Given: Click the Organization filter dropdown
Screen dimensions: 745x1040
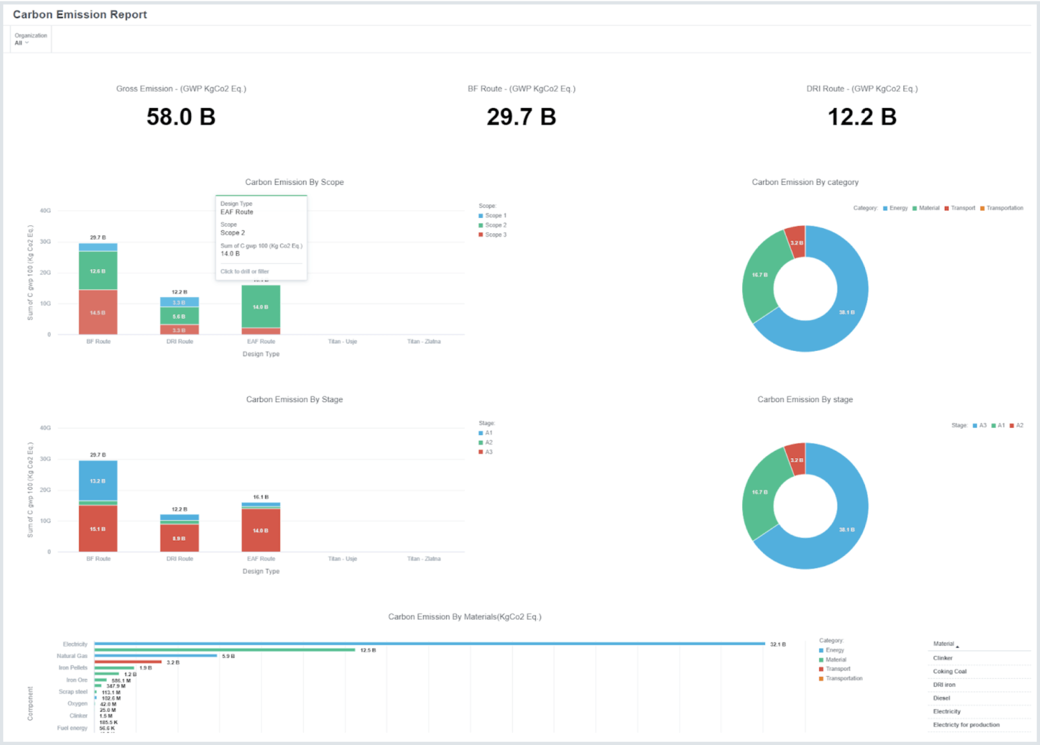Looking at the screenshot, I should click(22, 43).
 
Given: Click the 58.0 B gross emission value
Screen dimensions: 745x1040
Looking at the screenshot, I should click(181, 117).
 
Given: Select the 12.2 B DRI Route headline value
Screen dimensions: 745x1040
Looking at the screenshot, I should click(862, 117).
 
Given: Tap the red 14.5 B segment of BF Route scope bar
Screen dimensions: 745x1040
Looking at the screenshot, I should click(98, 312).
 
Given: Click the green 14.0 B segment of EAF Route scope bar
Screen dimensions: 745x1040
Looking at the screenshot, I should click(261, 307).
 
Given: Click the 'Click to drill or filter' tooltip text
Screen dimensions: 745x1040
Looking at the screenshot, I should click(244, 272).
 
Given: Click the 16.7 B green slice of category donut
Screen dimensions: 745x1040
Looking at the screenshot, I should click(759, 274).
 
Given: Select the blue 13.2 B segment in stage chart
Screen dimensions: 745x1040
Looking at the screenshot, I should click(98, 481).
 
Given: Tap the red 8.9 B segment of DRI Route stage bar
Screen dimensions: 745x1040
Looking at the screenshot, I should click(179, 538).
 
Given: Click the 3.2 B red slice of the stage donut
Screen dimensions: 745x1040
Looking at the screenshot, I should click(796, 459).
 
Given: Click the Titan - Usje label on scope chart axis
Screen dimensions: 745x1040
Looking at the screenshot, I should click(342, 342).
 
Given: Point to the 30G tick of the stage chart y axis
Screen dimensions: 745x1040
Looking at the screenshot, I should click(45, 459).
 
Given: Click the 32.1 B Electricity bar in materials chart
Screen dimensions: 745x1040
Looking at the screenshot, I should click(429, 644).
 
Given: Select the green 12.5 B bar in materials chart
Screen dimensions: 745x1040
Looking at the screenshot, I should click(225, 650).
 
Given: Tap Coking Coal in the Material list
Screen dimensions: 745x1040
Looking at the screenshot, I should click(949, 672).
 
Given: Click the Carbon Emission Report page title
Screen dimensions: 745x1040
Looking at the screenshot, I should click(80, 15).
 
